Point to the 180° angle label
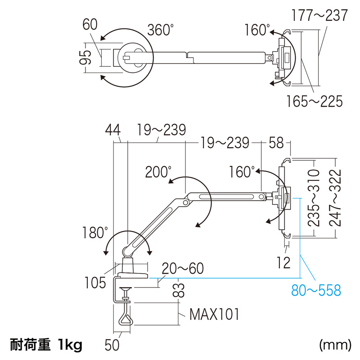[x=95, y=233]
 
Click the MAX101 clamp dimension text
[x=213, y=313]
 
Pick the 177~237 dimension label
[x=319, y=16]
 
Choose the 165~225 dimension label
[x=315, y=101]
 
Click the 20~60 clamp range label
[x=183, y=269]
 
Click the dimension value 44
[x=113, y=130]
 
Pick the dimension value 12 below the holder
[x=284, y=262]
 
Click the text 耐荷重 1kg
[x=46, y=345]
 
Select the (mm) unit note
[x=335, y=345]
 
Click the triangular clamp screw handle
[x=125, y=319]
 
